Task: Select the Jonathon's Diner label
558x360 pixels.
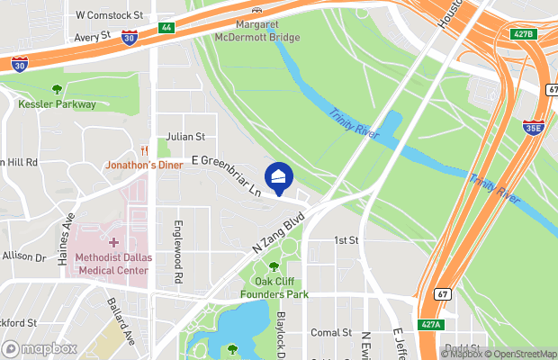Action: pyautogui.click(x=144, y=166)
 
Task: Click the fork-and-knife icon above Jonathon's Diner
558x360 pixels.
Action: pyautogui.click(x=144, y=150)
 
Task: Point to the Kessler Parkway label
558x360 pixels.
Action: pyautogui.click(x=57, y=104)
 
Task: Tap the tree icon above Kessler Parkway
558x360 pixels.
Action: pyautogui.click(x=57, y=89)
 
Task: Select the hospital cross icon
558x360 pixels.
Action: pyautogui.click(x=112, y=243)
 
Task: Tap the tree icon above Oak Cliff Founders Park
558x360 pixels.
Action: pyautogui.click(x=274, y=266)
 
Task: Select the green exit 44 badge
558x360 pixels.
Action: pyautogui.click(x=166, y=28)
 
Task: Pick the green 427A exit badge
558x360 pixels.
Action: pyautogui.click(x=432, y=324)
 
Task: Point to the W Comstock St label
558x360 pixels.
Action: pyautogui.click(x=110, y=15)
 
